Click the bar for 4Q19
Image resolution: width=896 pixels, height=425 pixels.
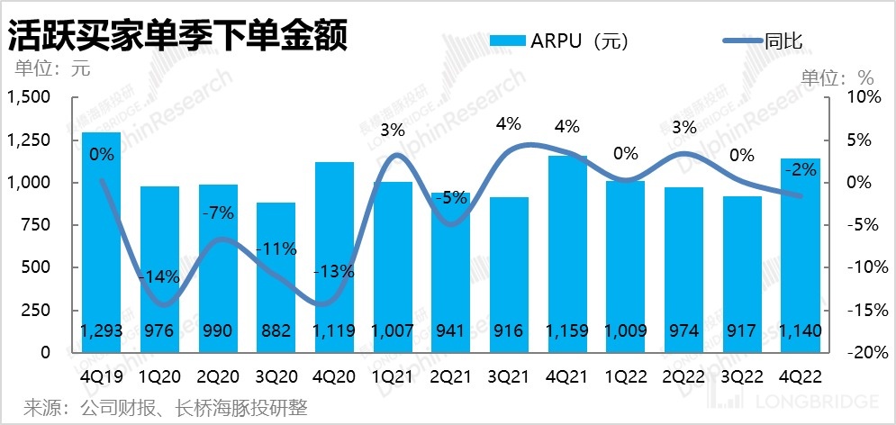(101, 243)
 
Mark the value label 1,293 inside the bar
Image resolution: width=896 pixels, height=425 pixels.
(101, 330)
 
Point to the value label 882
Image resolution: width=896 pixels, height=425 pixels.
(276, 330)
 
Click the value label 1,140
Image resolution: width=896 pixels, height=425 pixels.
(800, 330)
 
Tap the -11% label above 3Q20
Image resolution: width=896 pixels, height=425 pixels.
(276, 249)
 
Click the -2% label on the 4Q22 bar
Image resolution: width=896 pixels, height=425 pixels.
(800, 168)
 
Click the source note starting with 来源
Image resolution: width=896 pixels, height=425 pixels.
(166, 408)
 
